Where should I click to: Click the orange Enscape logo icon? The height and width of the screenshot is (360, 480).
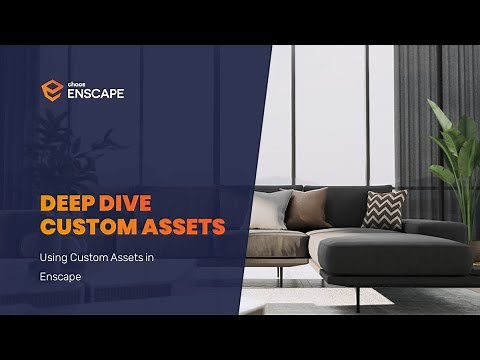pos(52,91)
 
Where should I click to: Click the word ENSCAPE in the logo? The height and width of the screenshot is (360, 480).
pos(97,95)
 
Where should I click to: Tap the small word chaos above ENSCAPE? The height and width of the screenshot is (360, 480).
pos(78,83)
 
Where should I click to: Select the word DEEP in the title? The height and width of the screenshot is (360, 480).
pos(69,202)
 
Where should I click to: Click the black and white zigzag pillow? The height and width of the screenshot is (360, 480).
pos(384,209)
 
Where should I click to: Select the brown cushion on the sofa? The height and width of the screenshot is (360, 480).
pos(309,208)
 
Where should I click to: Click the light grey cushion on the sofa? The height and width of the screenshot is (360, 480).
pos(271,210)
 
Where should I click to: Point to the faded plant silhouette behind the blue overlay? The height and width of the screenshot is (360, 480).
pos(95,150)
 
